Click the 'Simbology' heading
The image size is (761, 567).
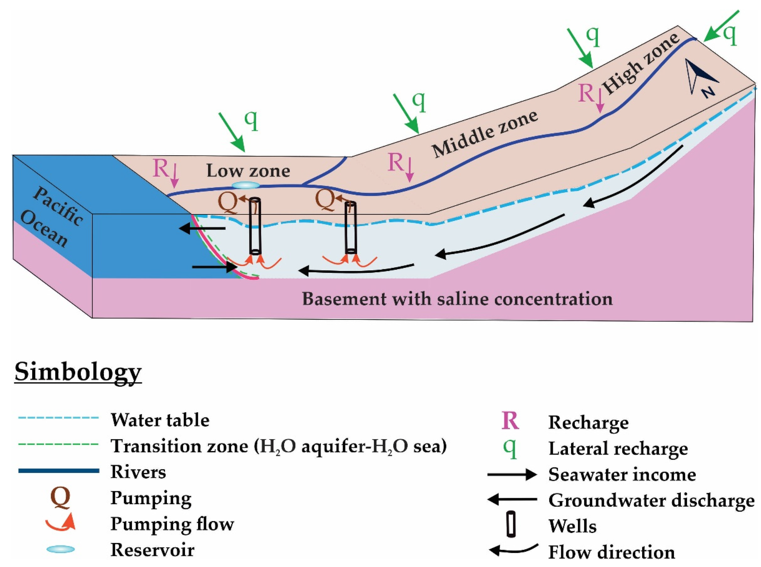point(78,372)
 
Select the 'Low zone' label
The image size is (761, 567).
point(248,171)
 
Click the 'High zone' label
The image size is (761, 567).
point(641,64)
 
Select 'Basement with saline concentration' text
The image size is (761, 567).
point(457,299)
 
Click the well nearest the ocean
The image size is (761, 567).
point(255,226)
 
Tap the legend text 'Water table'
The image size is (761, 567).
point(160,420)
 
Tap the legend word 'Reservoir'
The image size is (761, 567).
point(152,549)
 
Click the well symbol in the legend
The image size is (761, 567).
point(511,524)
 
